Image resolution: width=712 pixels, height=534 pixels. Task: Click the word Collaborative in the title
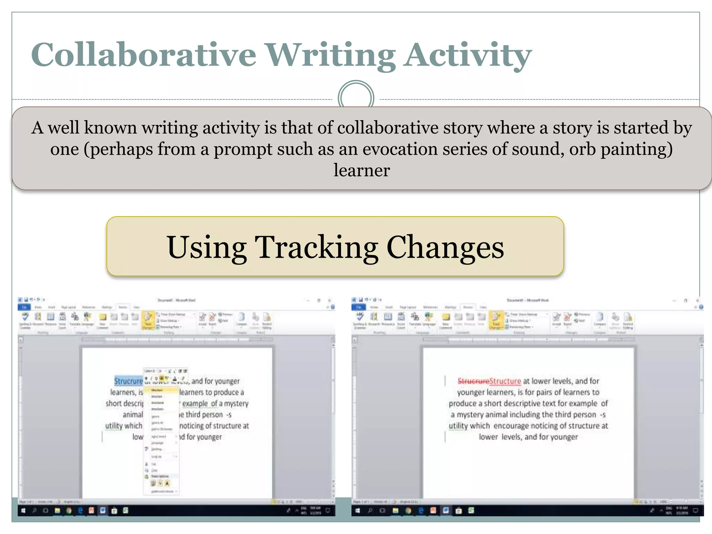click(144, 55)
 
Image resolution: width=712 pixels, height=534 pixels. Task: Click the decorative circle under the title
click(356, 97)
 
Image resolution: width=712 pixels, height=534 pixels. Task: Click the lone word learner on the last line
click(362, 170)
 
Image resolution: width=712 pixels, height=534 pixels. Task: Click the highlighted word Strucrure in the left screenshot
click(128, 381)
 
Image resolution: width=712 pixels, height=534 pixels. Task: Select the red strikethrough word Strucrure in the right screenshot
click(473, 381)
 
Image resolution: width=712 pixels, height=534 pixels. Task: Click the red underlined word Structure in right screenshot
click(505, 381)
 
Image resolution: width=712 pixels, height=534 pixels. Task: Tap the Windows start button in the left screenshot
click(23, 510)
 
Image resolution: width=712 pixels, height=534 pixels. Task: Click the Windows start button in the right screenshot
click(357, 510)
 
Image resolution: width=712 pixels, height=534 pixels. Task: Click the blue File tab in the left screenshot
click(24, 307)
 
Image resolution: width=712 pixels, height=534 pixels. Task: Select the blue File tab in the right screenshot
click(358, 307)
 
